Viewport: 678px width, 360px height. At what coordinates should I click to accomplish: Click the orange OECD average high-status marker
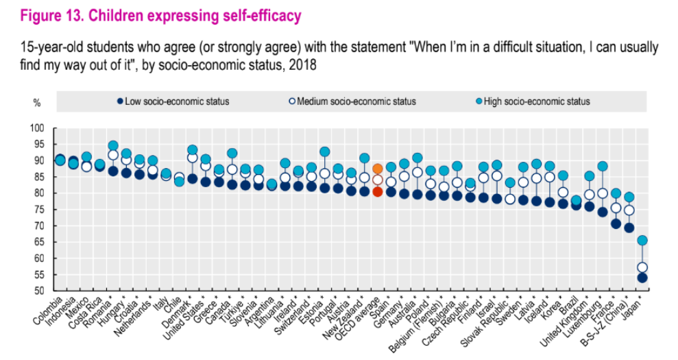[x=377, y=169]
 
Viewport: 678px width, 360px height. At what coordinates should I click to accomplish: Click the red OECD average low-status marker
[x=377, y=191]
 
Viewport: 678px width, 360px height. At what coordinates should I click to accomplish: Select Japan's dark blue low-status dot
[x=642, y=278]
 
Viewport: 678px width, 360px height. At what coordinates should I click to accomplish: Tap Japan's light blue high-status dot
[x=642, y=240]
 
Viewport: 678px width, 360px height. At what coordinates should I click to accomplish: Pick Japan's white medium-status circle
[x=642, y=267]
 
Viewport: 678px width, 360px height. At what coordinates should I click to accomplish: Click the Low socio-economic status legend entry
[x=173, y=101]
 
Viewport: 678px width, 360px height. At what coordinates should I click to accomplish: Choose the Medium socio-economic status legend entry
[x=352, y=101]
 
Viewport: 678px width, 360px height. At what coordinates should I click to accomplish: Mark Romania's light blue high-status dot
[x=113, y=146]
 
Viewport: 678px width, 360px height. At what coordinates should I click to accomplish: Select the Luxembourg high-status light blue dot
[x=603, y=166]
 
